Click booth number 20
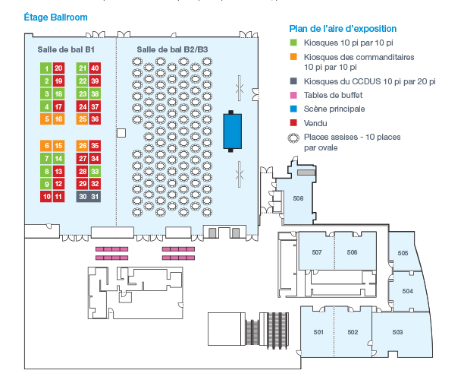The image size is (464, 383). click(58, 68)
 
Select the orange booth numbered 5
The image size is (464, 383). click(46, 119)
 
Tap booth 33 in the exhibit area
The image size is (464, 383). click(95, 171)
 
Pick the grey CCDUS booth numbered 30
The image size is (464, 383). click(83, 197)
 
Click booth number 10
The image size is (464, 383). click(46, 197)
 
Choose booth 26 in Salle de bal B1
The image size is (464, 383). click(83, 146)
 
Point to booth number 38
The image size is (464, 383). click(95, 93)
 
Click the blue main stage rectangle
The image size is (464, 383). click(232, 131)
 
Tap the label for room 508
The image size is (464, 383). click(298, 198)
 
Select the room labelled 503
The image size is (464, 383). click(397, 332)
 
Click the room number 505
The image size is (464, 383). click(403, 253)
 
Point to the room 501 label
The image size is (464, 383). click(318, 332)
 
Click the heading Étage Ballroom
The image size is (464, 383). click(55, 17)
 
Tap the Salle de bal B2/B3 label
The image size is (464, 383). click(172, 49)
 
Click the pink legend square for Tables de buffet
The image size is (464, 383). click(293, 95)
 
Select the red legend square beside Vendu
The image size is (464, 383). click(293, 123)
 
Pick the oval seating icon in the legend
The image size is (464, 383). click(293, 138)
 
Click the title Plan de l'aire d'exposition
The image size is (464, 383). click(343, 29)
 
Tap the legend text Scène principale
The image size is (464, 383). click(334, 109)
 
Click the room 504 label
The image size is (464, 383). click(407, 291)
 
